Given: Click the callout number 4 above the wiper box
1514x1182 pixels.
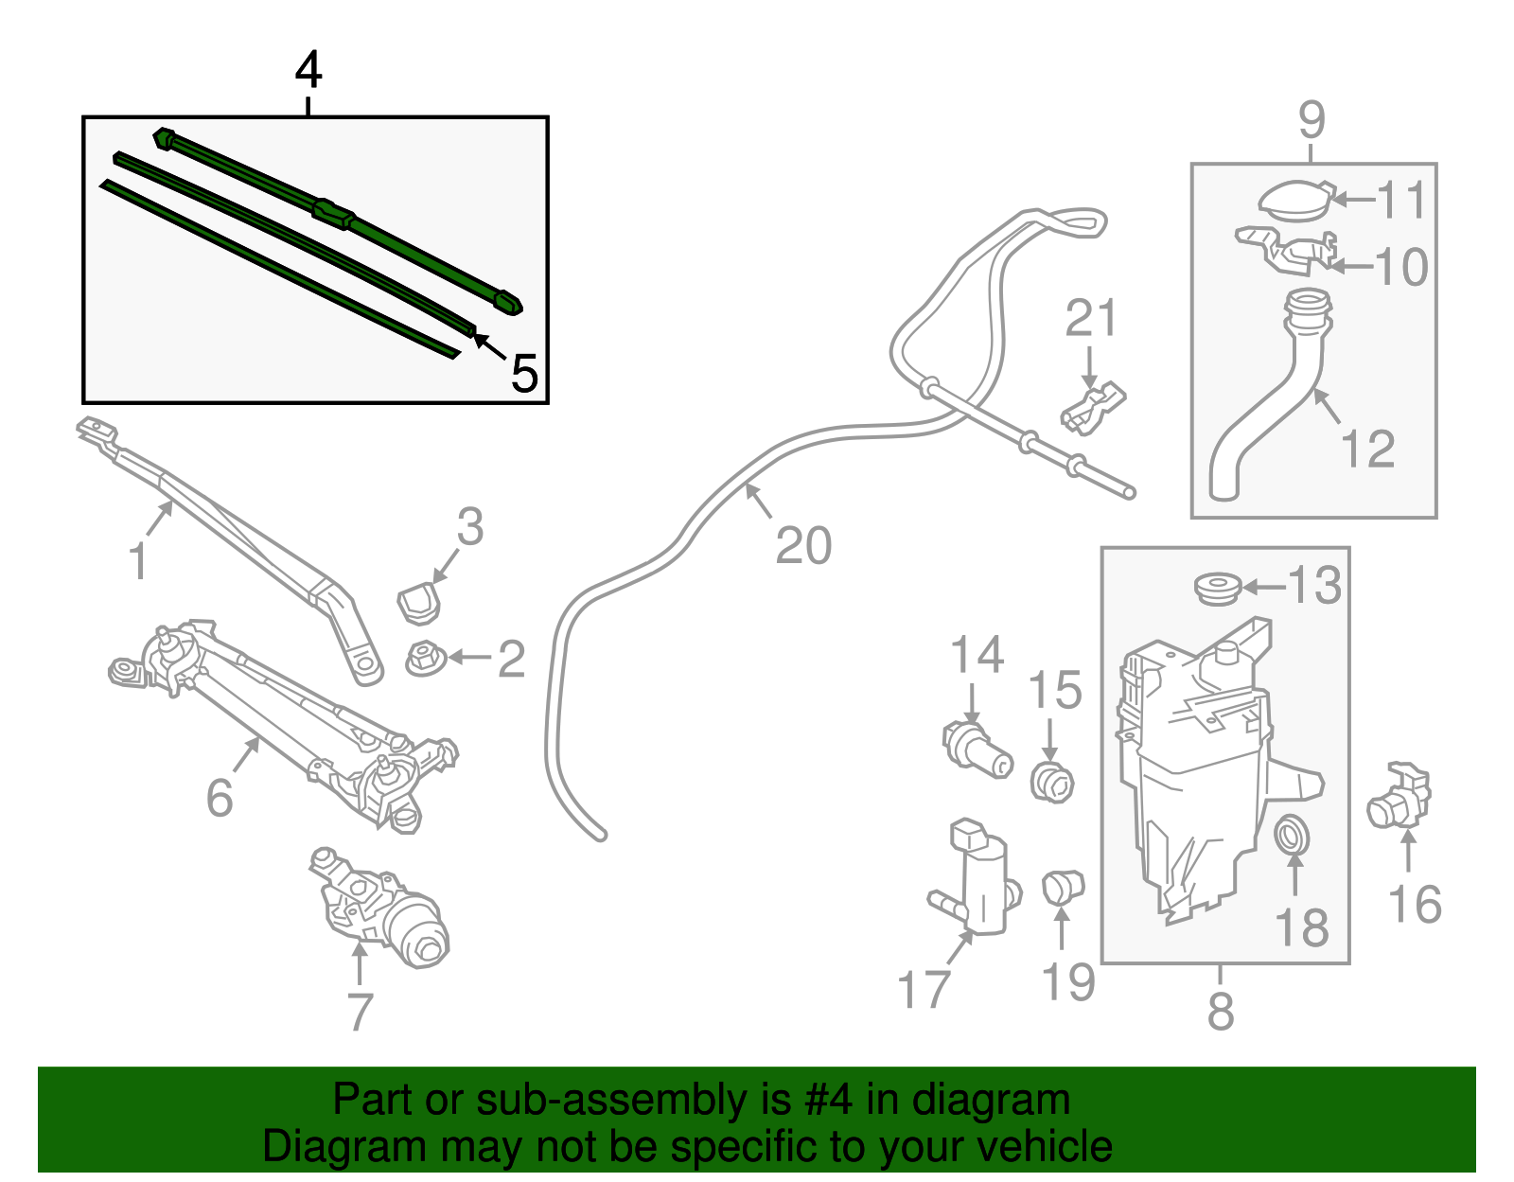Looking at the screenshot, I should pos(308,71).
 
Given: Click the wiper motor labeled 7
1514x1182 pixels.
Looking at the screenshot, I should pos(383,909).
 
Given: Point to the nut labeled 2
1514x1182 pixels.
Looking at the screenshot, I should pos(425,659).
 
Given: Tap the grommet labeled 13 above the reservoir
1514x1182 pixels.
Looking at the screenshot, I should pos(1217,588).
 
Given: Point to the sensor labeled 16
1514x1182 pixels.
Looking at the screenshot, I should pos(1400,798).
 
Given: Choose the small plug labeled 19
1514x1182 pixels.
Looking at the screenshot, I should pos(1062,887).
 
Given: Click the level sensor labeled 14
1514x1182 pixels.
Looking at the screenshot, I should pos(976,748).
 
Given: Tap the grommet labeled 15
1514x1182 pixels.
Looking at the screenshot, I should pos(1051,782).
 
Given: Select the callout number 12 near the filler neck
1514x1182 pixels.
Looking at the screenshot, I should pos(1367,449).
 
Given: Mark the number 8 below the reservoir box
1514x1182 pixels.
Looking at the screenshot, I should pos(1221,1011).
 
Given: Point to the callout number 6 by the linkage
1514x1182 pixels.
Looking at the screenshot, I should pos(220,797).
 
